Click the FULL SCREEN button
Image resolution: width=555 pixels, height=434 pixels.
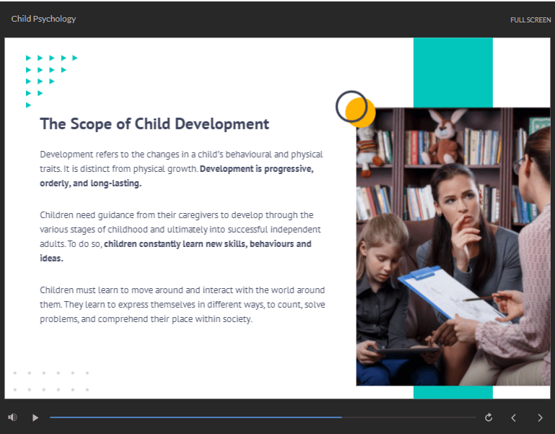(x=530, y=19)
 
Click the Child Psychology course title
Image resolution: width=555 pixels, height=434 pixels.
(x=43, y=19)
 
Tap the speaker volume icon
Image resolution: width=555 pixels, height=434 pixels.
(x=12, y=417)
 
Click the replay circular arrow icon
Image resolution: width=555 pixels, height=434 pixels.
(x=489, y=417)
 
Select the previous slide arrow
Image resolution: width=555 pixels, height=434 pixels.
(x=513, y=417)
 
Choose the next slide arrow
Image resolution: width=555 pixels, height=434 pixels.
(x=540, y=417)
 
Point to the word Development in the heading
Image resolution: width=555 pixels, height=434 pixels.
(x=222, y=124)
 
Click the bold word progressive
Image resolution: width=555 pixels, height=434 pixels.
(x=289, y=169)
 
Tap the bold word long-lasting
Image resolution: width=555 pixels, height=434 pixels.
(x=116, y=183)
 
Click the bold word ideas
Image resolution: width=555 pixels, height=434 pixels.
(x=52, y=259)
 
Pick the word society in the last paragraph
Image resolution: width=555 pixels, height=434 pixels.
(x=238, y=319)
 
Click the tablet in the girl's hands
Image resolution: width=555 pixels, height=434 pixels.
(x=407, y=351)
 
